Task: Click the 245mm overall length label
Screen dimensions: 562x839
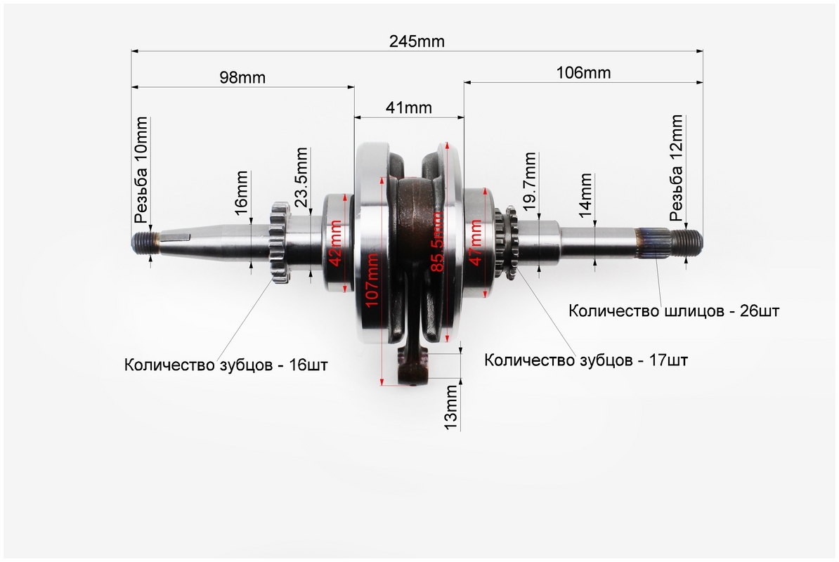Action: tap(417, 41)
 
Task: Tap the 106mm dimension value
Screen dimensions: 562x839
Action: tap(583, 72)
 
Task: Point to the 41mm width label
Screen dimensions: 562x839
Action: tap(408, 107)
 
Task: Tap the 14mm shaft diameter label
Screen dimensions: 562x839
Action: tap(585, 195)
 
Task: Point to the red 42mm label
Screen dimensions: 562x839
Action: tap(336, 242)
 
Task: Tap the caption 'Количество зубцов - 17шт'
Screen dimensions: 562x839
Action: tap(586, 360)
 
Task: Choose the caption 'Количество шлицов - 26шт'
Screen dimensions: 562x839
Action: tap(674, 311)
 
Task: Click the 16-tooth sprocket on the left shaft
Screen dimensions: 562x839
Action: tap(280, 242)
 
